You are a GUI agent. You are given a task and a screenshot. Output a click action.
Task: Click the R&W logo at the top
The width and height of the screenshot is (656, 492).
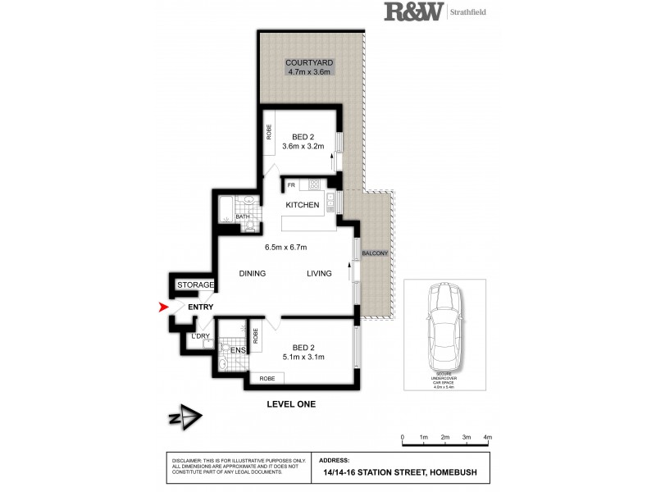[413, 11]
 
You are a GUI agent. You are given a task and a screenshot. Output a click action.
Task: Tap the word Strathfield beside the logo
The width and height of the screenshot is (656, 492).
[471, 11]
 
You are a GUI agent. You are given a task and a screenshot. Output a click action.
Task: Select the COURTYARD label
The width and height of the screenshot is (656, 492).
[307, 62]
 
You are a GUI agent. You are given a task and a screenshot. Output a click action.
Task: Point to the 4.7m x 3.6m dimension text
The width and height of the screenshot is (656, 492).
[308, 72]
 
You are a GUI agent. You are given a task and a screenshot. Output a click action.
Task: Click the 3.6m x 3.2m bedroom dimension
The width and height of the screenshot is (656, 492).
[303, 146]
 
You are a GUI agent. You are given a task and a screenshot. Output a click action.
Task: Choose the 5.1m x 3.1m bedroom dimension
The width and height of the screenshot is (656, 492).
[303, 357]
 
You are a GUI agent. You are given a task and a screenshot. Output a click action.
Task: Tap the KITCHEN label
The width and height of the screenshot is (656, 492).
[302, 205]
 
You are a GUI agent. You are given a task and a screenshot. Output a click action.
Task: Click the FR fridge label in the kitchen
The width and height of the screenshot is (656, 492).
[290, 185]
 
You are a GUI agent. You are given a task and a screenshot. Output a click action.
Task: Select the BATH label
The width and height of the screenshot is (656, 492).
[242, 217]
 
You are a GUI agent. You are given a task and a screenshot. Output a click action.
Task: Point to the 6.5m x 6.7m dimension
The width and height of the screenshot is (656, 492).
[285, 248]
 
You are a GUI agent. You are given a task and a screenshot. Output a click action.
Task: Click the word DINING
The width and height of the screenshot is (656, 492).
[253, 274]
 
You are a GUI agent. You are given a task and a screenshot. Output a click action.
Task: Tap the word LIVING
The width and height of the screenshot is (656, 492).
[320, 274]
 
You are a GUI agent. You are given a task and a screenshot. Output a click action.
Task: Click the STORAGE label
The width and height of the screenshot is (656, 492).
[196, 285]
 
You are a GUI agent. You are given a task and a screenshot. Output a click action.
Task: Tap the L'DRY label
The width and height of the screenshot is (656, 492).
[201, 336]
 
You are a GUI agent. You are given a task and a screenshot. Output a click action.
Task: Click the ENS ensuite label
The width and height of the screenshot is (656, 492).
[238, 351]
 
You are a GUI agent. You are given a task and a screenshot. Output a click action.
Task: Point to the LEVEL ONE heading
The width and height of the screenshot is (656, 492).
[291, 404]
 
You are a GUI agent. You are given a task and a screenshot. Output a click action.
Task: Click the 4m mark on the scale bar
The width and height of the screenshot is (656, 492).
[487, 438]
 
